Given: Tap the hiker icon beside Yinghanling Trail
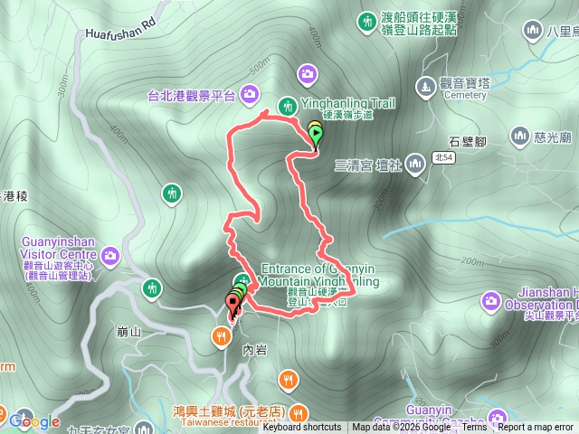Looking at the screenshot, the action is [x=289, y=105].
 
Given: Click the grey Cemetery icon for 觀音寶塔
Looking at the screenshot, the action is [x=425, y=87].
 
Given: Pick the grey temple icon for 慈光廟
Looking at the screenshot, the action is [x=520, y=137].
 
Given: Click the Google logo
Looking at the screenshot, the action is [x=34, y=420].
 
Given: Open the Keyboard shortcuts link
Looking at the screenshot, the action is [x=302, y=428].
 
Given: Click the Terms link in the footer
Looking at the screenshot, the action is [x=474, y=428].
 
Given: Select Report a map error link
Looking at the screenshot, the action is [x=537, y=428].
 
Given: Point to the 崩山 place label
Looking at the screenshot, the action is [x=129, y=332].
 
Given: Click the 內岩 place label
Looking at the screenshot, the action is [x=256, y=348].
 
